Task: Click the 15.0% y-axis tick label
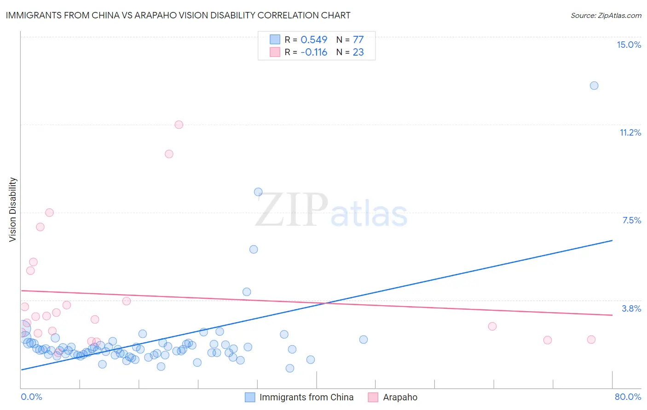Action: coord(629,45)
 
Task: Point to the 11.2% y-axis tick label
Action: coord(630,132)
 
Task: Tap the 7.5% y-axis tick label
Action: coord(631,220)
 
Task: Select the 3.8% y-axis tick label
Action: coord(631,308)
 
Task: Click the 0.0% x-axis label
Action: coord(31,397)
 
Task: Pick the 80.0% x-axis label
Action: coord(628,397)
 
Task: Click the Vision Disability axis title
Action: coord(13,210)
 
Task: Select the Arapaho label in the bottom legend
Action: coord(400,397)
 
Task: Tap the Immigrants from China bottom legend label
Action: coord(306,397)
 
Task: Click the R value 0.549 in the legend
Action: coord(314,40)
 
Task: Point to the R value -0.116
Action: coord(314,52)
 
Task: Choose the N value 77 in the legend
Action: coord(358,40)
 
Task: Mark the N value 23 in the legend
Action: coord(358,52)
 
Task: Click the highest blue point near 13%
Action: coord(594,85)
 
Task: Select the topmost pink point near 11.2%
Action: coord(179,125)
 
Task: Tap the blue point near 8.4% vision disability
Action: coord(258,192)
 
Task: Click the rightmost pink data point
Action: coord(591,340)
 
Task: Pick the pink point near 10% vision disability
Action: coord(169,154)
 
